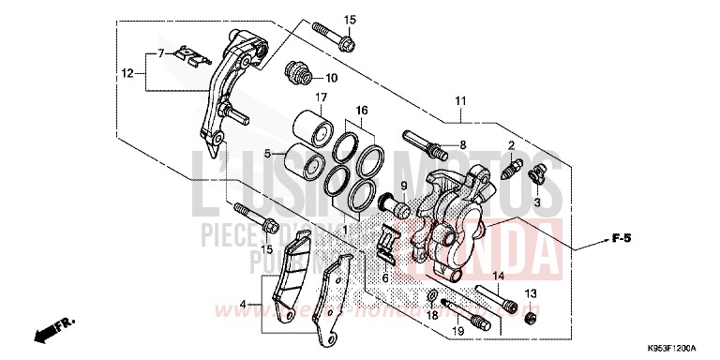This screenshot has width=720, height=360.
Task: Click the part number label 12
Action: (x=127, y=71)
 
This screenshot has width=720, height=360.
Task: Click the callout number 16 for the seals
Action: (x=360, y=110)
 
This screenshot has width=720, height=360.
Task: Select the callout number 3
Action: (x=537, y=200)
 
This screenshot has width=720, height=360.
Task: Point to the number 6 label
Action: (x=384, y=279)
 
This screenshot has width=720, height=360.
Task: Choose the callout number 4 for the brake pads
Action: (x=245, y=304)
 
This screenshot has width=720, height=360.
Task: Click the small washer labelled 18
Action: (x=432, y=297)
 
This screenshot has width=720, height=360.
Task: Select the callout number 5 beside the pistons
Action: (x=267, y=154)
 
